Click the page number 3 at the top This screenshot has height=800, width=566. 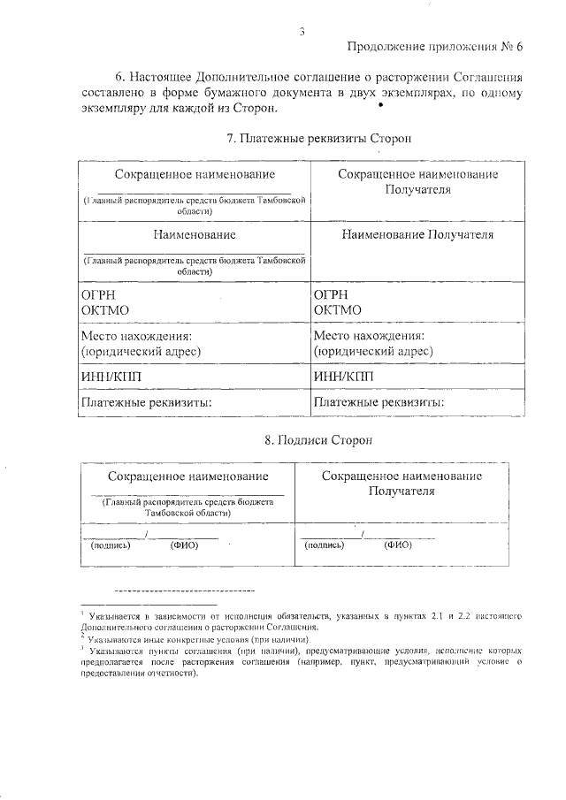pyautogui.click(x=302, y=33)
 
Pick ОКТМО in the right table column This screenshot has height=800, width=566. pyautogui.click(x=336, y=309)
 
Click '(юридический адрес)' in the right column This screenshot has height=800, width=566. pyautogui.click(x=373, y=351)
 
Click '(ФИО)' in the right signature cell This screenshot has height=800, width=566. pyautogui.click(x=399, y=545)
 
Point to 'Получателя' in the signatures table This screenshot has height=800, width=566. pyautogui.click(x=401, y=491)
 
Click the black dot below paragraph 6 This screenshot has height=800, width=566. pyautogui.click(x=380, y=105)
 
